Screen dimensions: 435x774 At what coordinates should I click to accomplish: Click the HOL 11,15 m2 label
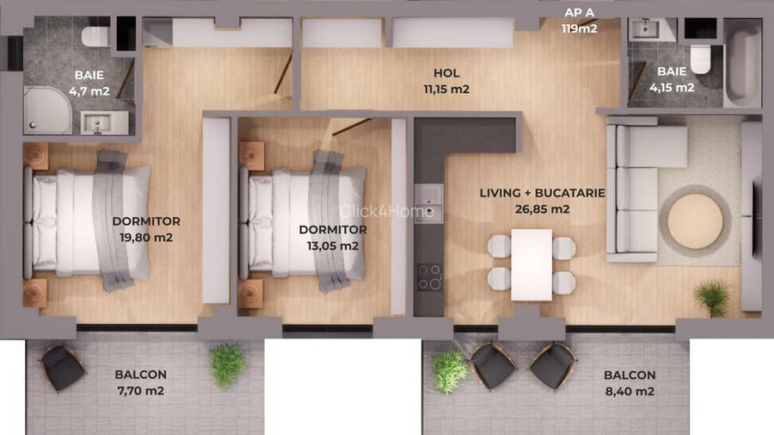446,81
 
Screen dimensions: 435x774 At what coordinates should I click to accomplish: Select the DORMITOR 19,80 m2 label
146,229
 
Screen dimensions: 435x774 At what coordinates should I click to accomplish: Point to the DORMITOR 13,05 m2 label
332,238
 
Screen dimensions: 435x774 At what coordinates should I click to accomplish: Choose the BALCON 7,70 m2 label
140,382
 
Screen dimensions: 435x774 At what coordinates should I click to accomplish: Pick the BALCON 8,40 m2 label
630,383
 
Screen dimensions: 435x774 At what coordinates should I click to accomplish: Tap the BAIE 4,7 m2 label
89,82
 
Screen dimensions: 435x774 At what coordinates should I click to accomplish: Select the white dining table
531,264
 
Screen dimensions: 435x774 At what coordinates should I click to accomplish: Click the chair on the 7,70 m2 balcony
64,368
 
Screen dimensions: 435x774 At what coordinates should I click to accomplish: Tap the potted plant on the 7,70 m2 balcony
226,364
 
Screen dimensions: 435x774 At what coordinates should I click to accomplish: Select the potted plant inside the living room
713,298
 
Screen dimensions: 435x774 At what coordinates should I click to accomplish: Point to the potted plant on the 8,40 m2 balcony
449,370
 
